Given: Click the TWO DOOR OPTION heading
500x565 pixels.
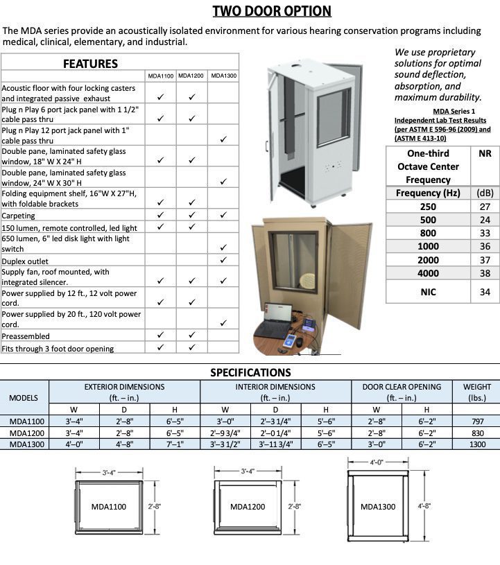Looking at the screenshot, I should (x=272, y=10).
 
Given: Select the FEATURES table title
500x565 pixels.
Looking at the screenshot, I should (x=90, y=64).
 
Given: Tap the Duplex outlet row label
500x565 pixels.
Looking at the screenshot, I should (x=21, y=261).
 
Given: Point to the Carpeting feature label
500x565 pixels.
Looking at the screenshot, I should (x=19, y=216).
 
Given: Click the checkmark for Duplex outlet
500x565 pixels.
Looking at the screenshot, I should (x=223, y=261).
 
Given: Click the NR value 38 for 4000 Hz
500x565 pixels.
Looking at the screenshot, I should (x=485, y=274).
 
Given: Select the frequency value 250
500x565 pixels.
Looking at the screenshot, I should (x=428, y=207).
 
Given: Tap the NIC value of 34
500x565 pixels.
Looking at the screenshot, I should (x=485, y=292).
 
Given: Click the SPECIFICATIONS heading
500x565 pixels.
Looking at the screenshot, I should (x=250, y=373).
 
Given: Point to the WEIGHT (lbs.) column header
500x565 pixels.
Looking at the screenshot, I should (x=476, y=392).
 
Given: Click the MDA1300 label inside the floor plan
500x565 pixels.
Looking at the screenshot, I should (x=378, y=507).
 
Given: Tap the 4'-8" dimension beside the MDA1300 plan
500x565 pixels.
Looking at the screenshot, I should (x=424, y=507).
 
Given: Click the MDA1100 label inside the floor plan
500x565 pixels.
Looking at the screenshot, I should (x=109, y=507).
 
